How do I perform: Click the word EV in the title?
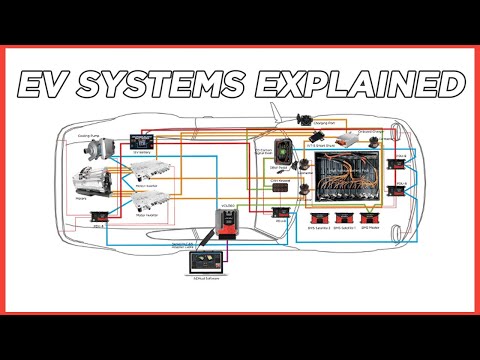click(x=47, y=84)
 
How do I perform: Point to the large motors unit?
click(x=91, y=185)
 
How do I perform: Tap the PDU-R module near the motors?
click(x=98, y=216)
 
